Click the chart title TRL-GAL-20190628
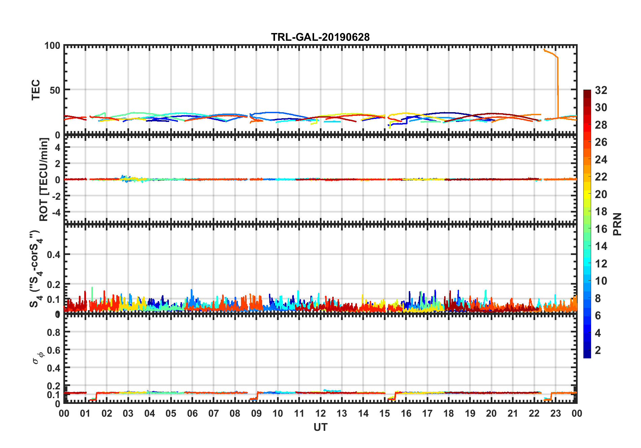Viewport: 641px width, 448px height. pos(320,37)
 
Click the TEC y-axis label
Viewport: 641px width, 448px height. pos(36,90)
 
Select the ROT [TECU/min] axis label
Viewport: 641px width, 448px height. pos(44,179)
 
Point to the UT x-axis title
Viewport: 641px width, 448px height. pos(320,427)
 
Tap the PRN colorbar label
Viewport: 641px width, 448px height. pos(617,224)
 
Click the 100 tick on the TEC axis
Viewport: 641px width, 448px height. pos(52,46)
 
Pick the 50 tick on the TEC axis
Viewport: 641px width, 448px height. pos(55,90)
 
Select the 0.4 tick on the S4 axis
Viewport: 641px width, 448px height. pos(54,255)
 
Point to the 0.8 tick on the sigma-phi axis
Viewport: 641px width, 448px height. pos(54,332)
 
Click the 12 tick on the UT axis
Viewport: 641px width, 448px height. pos(320,413)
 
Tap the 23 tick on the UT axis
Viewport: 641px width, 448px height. pos(555,413)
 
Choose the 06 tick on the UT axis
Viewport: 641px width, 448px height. pos(192,413)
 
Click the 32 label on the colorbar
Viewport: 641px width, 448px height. pos(601,90)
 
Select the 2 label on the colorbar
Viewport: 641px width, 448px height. pos(598,350)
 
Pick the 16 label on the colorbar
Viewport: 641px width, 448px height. pos(601,229)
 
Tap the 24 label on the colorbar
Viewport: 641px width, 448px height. pos(601,160)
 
